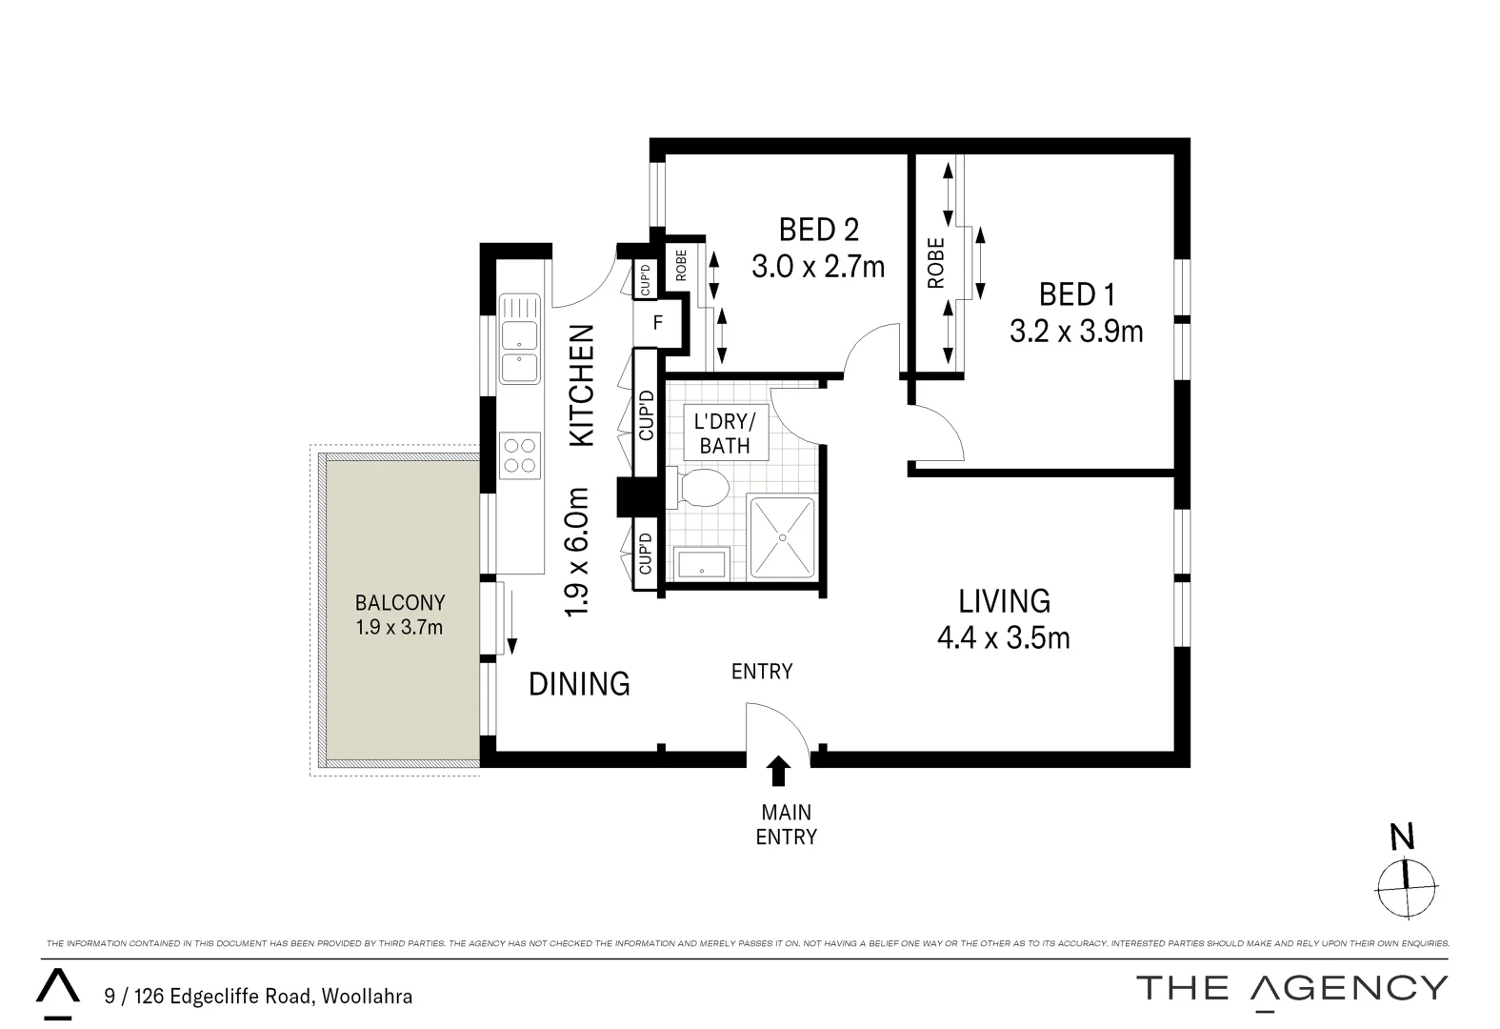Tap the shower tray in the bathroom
click(782, 537)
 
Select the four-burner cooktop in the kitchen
click(520, 455)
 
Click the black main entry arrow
click(778, 770)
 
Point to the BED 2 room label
click(818, 230)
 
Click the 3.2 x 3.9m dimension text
click(1076, 331)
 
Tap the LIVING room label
click(1004, 601)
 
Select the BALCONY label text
click(400, 602)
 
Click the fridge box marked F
click(657, 323)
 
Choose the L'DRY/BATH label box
click(726, 433)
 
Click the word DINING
click(579, 683)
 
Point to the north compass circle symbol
click(1406, 888)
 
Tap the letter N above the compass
click(1402, 837)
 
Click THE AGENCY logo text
click(1291, 988)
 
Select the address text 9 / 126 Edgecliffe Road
click(258, 997)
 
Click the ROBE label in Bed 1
click(936, 263)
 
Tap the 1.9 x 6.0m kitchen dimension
click(578, 553)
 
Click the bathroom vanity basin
click(702, 563)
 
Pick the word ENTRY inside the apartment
click(762, 672)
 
